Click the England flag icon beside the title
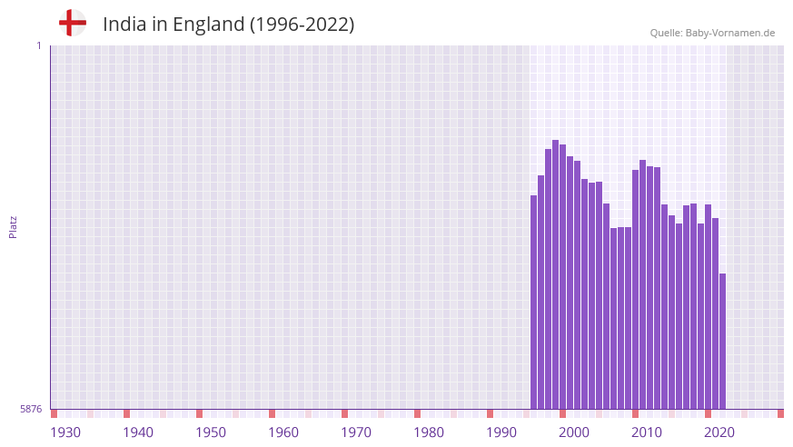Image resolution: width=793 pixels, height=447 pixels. point(73,23)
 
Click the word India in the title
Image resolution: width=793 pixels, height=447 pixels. point(123,25)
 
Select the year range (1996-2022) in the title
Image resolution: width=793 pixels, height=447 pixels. point(302,25)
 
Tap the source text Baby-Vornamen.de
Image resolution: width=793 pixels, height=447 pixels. point(729,33)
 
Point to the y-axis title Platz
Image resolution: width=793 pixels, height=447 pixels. point(13,227)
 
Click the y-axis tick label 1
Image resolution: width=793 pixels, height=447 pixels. point(38,45)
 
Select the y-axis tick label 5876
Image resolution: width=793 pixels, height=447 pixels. point(31,410)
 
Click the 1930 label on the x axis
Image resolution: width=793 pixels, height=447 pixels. point(65,432)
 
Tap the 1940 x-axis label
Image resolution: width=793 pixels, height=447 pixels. point(138,432)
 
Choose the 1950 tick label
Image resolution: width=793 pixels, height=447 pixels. point(211,432)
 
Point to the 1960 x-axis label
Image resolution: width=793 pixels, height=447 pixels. point(283,432)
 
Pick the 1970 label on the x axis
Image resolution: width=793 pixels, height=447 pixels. point(356,432)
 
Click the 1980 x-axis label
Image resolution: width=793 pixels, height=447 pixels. point(429,432)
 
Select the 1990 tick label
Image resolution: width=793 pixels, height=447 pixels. point(501,432)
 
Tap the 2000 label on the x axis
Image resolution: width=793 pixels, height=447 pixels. point(574,432)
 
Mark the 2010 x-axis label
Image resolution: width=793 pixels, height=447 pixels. point(647,432)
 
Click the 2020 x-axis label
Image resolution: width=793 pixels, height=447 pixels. point(719,432)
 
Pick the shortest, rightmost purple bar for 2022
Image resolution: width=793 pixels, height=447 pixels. point(723,342)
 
